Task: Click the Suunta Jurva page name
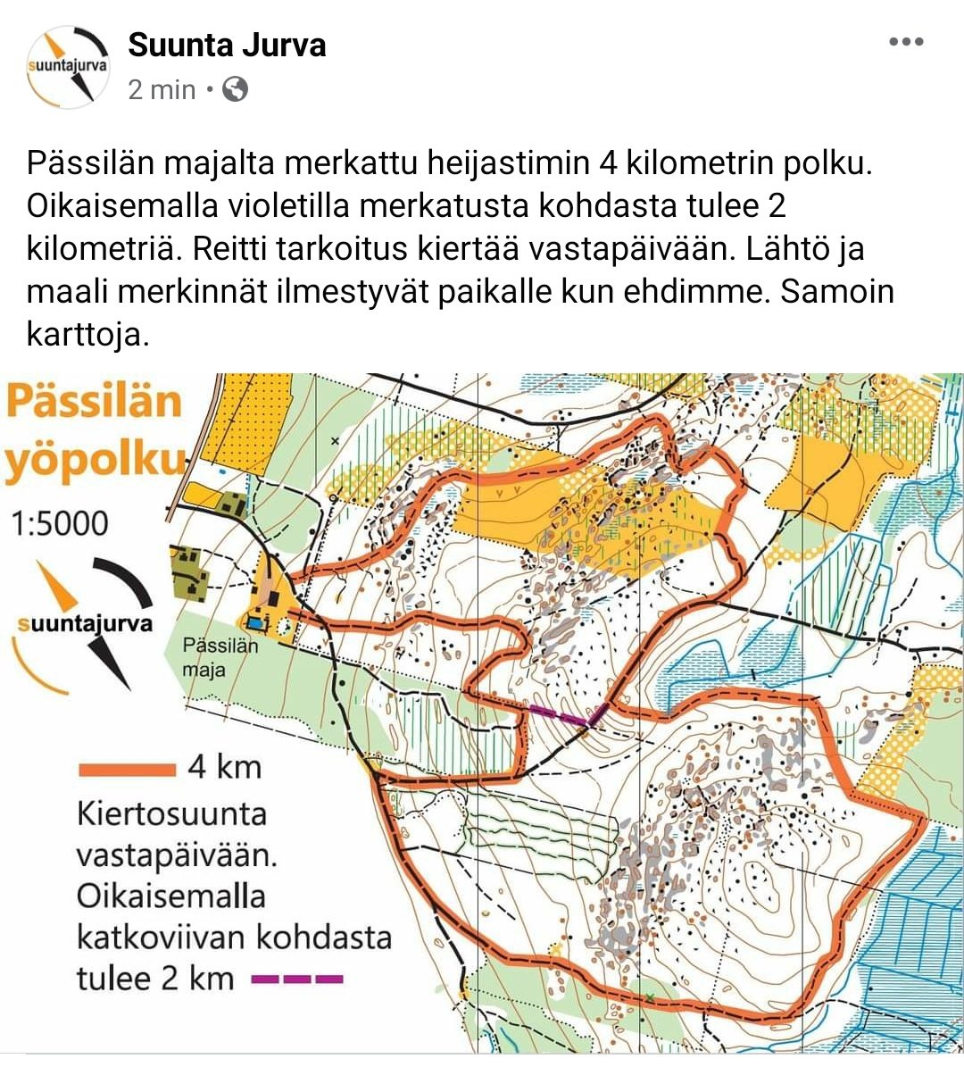pos(227,45)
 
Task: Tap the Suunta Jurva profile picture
pos(68,67)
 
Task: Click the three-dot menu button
pos(906,41)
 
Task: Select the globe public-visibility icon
pos(235,89)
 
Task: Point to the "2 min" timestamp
pos(162,89)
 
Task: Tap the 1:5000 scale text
pos(60,523)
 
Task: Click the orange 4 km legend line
pos(127,769)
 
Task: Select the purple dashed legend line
pos(297,979)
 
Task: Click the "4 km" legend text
pos(224,767)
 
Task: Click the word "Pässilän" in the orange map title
pos(95,402)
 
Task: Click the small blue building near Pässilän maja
pos(257,621)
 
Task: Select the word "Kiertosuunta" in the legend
pos(171,814)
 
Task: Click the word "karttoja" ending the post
pos(84,335)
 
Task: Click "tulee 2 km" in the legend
pos(155,979)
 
